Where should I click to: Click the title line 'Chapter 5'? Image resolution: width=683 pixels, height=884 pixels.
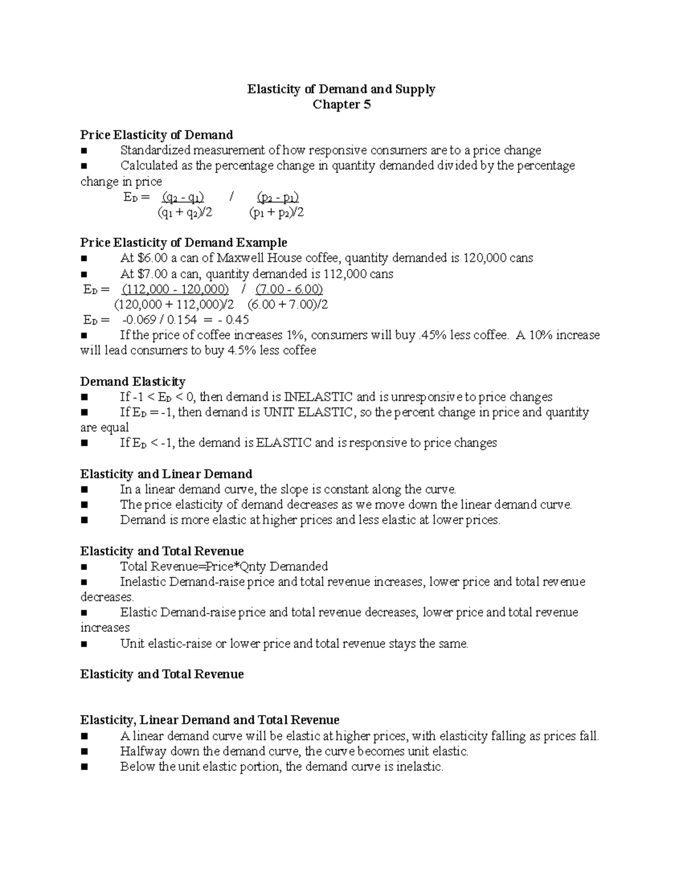pos(341,105)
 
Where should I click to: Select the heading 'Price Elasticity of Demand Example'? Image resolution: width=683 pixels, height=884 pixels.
pos(183,242)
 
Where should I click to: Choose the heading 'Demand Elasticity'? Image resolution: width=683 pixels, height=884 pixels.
pos(133,381)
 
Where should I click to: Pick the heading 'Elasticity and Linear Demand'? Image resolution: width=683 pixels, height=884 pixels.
pos(166,474)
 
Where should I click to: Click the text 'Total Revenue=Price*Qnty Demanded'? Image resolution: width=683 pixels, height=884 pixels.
pos(224,566)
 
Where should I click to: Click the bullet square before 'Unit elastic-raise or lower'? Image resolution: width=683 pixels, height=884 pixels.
pos(85,644)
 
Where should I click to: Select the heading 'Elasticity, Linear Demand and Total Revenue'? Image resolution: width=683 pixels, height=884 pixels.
pos(209,720)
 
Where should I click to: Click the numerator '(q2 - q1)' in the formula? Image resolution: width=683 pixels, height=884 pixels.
pos(183,198)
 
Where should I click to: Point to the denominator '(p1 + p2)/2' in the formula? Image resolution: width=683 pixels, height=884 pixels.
pos(276,213)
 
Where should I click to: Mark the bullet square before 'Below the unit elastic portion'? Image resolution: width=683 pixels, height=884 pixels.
pos(85,767)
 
